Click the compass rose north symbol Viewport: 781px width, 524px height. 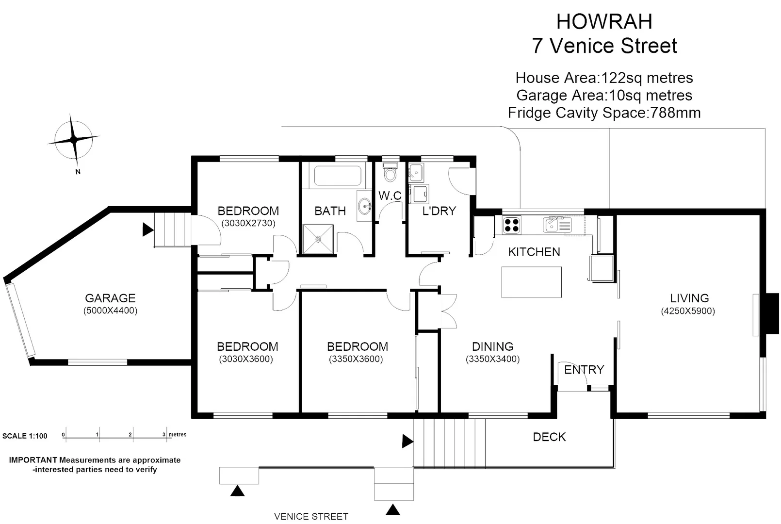pyautogui.click(x=74, y=140)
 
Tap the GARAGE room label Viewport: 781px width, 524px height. pyautogui.click(x=110, y=298)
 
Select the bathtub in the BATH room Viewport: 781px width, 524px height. pyautogui.click(x=338, y=176)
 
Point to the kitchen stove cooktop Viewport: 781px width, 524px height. pyautogui.click(x=511, y=225)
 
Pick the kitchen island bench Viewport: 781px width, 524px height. pyautogui.click(x=531, y=282)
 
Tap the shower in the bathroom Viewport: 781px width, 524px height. pyautogui.click(x=318, y=239)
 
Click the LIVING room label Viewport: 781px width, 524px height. pyautogui.click(x=689, y=298)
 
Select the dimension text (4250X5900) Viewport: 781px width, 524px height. pyautogui.click(x=688, y=311)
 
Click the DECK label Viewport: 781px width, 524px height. pyautogui.click(x=549, y=437)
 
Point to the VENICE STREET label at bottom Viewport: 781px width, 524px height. pyautogui.click(x=311, y=516)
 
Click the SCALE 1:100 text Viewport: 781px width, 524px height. pyautogui.click(x=25, y=436)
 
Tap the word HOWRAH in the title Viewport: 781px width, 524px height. pyautogui.click(x=604, y=21)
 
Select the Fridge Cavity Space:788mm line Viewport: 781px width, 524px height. pyautogui.click(x=604, y=113)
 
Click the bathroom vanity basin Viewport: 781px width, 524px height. pyautogui.click(x=364, y=207)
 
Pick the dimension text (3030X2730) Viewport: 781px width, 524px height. pyautogui.click(x=248, y=223)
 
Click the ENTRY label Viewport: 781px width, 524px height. pyautogui.click(x=584, y=370)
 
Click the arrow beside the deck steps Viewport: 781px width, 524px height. pyautogui.click(x=407, y=441)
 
